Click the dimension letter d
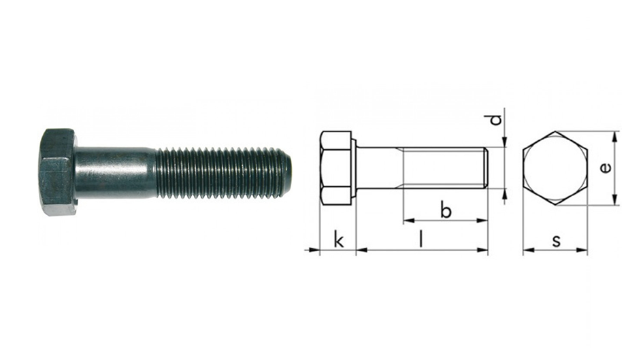pos(496,120)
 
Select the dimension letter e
pos(606,167)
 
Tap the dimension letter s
pos(556,241)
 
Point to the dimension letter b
pos(446,210)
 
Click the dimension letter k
pos(339,239)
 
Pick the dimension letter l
pos(421,239)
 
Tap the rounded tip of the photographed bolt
pos(288,173)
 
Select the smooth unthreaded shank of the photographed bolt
pos(116,173)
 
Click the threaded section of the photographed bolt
pos(221,173)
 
